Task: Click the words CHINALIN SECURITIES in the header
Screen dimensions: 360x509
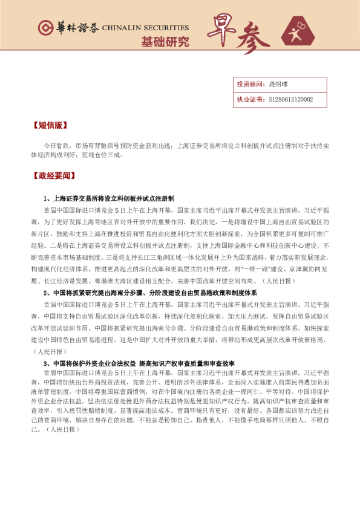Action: click(x=145, y=28)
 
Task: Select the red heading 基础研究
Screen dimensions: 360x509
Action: click(x=165, y=43)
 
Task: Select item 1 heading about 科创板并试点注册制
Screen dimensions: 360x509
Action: click(x=109, y=198)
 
